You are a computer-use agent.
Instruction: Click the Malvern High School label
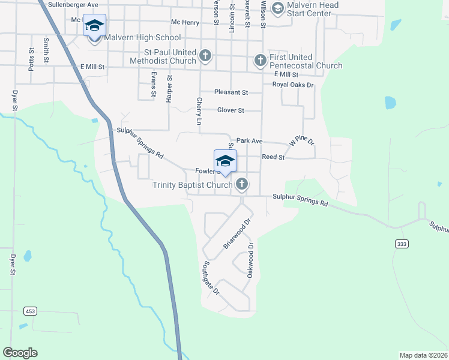coord(142,37)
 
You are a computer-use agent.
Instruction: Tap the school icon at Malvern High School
coord(94,25)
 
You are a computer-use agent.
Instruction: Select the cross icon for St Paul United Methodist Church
coord(205,56)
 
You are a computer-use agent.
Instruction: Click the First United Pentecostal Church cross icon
coord(260,61)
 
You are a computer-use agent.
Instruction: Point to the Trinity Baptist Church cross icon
coord(241,184)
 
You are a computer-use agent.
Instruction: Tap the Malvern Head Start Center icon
coord(277,8)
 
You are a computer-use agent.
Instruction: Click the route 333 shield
coord(402,243)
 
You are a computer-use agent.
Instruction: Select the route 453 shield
coord(29,311)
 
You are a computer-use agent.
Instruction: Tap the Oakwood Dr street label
coord(251,260)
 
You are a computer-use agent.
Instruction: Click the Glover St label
coord(231,110)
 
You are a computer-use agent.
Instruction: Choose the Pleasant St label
coord(231,92)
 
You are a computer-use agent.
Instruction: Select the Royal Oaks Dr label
coord(293,85)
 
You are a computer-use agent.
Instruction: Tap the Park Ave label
coord(249,141)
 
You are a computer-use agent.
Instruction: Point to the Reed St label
coord(273,157)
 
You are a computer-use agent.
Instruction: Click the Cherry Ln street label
coord(199,108)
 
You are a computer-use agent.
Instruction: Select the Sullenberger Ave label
coord(73,5)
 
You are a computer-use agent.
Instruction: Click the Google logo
coord(20,353)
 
